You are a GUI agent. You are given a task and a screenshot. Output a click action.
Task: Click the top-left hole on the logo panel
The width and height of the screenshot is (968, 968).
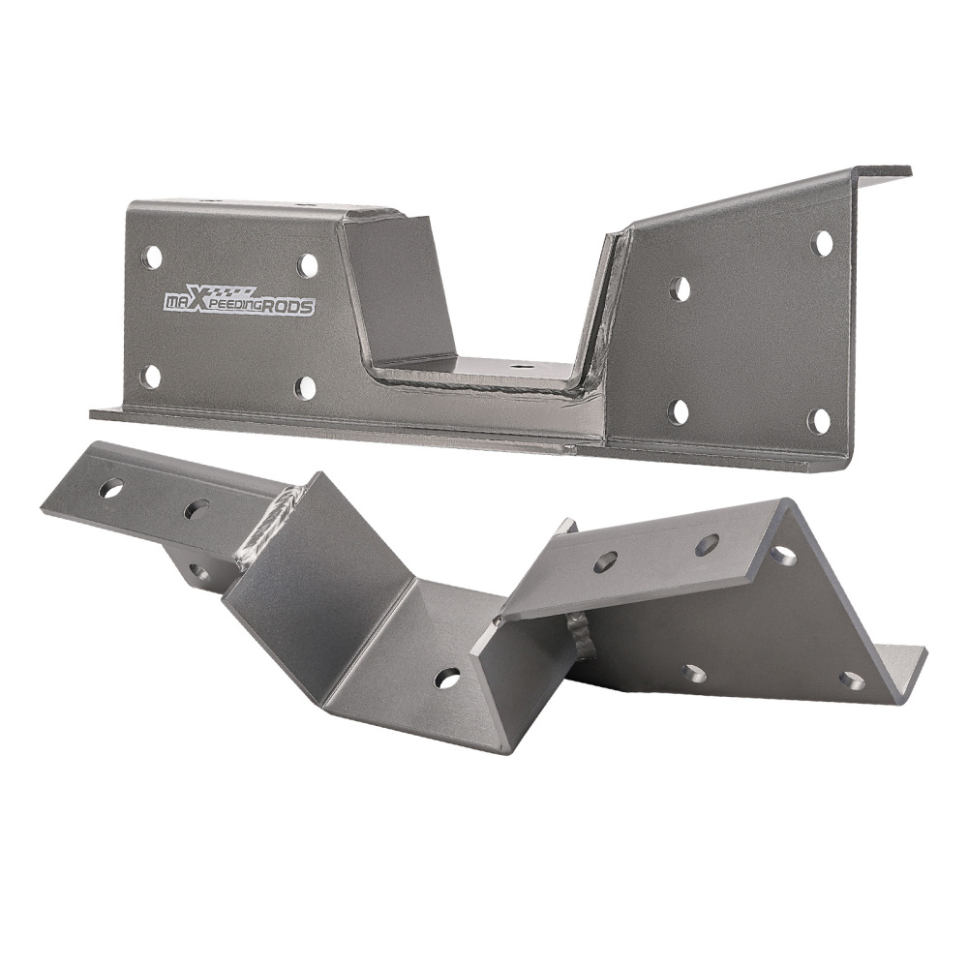pyautogui.click(x=152, y=257)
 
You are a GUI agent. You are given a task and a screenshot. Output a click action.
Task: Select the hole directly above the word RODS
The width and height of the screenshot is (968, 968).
pyautogui.click(x=308, y=265)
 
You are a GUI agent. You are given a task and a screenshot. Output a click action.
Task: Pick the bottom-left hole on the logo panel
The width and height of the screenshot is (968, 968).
pyautogui.click(x=151, y=376)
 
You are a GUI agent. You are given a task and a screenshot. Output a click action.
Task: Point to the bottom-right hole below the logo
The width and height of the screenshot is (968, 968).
pyautogui.click(x=306, y=387)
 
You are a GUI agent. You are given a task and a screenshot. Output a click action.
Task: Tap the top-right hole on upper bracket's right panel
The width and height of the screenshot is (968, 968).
pyautogui.click(x=822, y=243)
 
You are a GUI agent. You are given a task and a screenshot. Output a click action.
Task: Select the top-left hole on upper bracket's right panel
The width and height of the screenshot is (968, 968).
pyautogui.click(x=681, y=287)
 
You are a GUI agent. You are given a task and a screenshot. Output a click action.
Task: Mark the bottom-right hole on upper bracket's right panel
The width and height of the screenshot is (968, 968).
pyautogui.click(x=819, y=421)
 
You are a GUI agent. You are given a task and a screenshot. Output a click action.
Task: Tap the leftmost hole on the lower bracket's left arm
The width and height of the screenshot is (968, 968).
pyautogui.click(x=111, y=489)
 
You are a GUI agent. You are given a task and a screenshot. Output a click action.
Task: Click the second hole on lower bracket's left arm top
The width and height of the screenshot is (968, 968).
pyautogui.click(x=197, y=508)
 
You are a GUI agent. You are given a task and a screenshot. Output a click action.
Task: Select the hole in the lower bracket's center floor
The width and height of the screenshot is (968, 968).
pyautogui.click(x=447, y=678)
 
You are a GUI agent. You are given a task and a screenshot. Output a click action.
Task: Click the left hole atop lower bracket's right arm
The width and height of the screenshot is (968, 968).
pyautogui.click(x=606, y=560)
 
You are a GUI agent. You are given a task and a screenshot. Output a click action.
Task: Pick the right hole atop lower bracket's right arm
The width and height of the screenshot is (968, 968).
pyautogui.click(x=707, y=544)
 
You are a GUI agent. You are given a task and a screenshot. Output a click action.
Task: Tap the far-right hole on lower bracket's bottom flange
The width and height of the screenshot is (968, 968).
pyautogui.click(x=852, y=681)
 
